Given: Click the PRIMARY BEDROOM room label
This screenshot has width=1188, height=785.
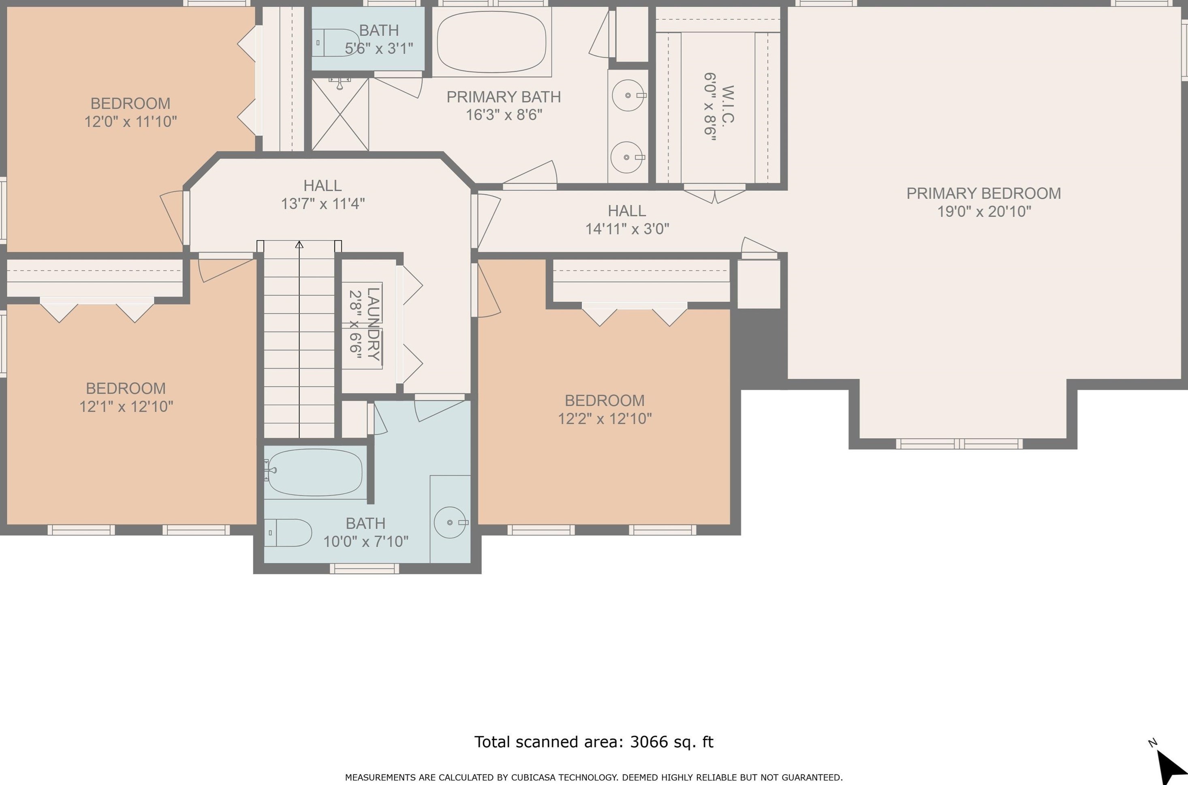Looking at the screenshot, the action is (x=983, y=193).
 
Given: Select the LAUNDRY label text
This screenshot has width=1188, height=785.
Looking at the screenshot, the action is (x=374, y=324).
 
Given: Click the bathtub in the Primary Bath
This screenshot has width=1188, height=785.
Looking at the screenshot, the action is (x=491, y=42).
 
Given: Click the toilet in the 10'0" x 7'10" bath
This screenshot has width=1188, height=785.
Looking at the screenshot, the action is (x=288, y=533).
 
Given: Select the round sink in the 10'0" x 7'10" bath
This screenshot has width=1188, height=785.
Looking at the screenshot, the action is (x=450, y=522).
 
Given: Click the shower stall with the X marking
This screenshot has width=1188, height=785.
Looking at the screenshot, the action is (x=340, y=114).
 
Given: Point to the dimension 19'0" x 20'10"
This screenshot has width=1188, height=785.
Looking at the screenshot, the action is (x=984, y=212).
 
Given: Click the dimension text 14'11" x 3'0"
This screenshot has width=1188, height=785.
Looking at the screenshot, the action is (x=627, y=229).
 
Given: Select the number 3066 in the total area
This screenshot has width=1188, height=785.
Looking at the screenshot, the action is (x=649, y=741).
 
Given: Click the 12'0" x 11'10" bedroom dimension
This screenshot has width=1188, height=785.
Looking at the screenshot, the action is (x=130, y=122).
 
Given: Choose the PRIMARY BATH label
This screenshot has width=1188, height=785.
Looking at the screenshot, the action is (x=503, y=97).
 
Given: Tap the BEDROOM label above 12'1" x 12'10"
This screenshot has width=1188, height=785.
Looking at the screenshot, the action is (x=126, y=388).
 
